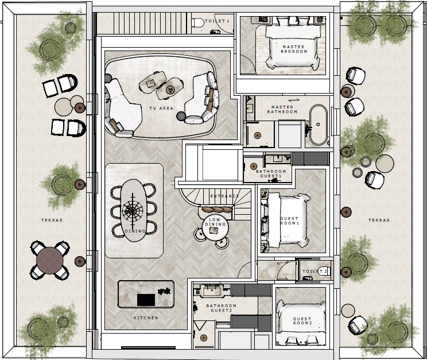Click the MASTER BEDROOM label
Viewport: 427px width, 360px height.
[294, 49]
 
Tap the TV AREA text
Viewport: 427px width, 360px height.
[161, 108]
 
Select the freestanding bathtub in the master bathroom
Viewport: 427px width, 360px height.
[319, 125]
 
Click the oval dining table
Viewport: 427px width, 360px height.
[133, 210]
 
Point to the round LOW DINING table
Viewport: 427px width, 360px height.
[215, 227]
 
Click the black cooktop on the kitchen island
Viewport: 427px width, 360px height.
[146, 300]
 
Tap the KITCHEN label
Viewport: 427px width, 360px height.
[146, 318]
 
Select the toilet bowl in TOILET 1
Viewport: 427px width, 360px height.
[198, 22]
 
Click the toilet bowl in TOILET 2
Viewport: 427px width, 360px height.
[325, 270]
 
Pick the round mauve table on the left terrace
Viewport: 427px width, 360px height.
[50, 260]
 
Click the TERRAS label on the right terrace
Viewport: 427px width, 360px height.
[379, 220]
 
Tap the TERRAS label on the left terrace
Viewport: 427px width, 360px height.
[52, 220]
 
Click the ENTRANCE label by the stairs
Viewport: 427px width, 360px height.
[224, 196]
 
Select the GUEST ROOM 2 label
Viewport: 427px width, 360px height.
[302, 321]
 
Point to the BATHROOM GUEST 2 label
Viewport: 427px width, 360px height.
[221, 308]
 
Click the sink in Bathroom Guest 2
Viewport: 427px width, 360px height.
[212, 292]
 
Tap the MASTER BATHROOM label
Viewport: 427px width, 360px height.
[282, 109]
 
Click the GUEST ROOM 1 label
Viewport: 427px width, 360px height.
[289, 220]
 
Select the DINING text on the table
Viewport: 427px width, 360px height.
[135, 231]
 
